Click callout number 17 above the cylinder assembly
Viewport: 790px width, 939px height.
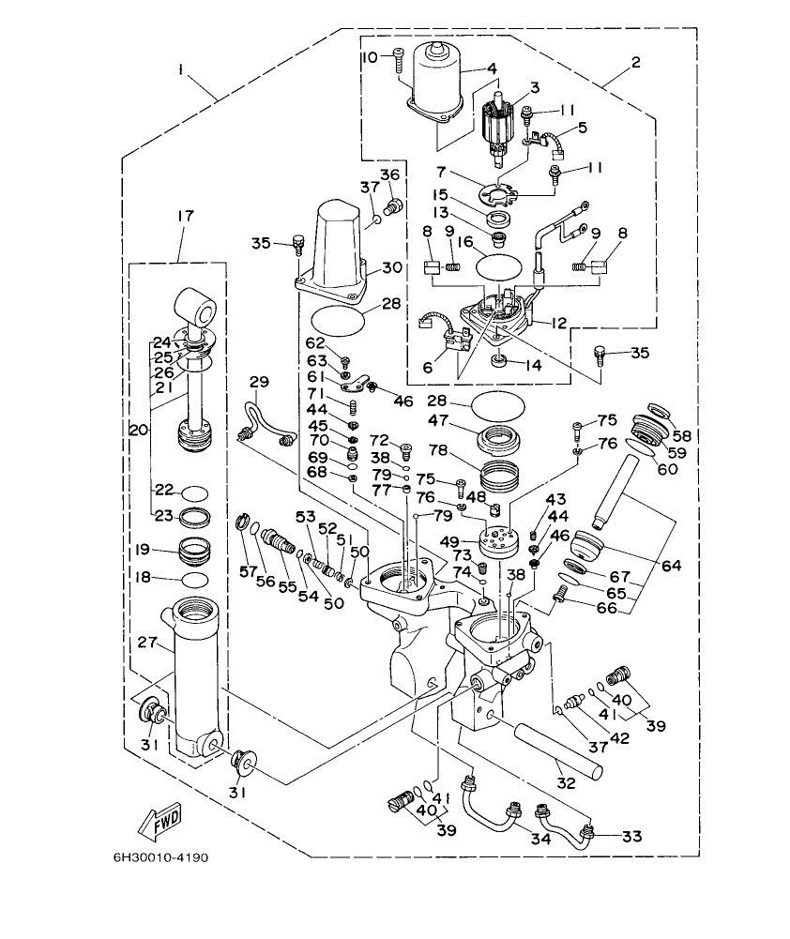[x=184, y=216]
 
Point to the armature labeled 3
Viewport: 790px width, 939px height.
[x=505, y=122]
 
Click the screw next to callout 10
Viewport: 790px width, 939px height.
[x=398, y=58]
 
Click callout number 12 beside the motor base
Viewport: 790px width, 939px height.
[x=559, y=324]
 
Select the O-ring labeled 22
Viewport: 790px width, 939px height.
[x=195, y=491]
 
